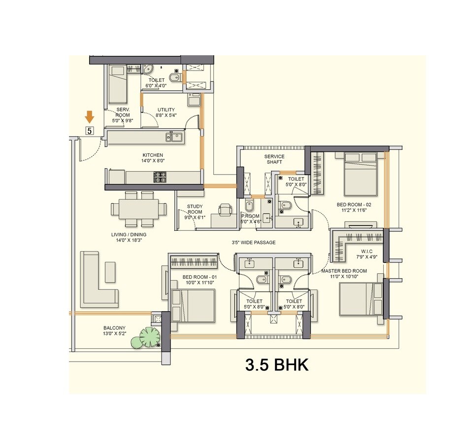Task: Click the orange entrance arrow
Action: coord(89,117)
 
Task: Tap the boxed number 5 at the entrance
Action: coord(89,131)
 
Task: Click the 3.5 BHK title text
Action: coord(277,365)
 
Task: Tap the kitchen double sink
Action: coord(175,137)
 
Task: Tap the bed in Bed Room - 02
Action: coord(360,174)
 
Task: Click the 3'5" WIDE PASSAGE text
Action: coord(254,243)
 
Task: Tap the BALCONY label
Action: coord(114,328)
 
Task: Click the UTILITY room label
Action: coord(166,110)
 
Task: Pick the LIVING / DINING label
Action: coord(129,235)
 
